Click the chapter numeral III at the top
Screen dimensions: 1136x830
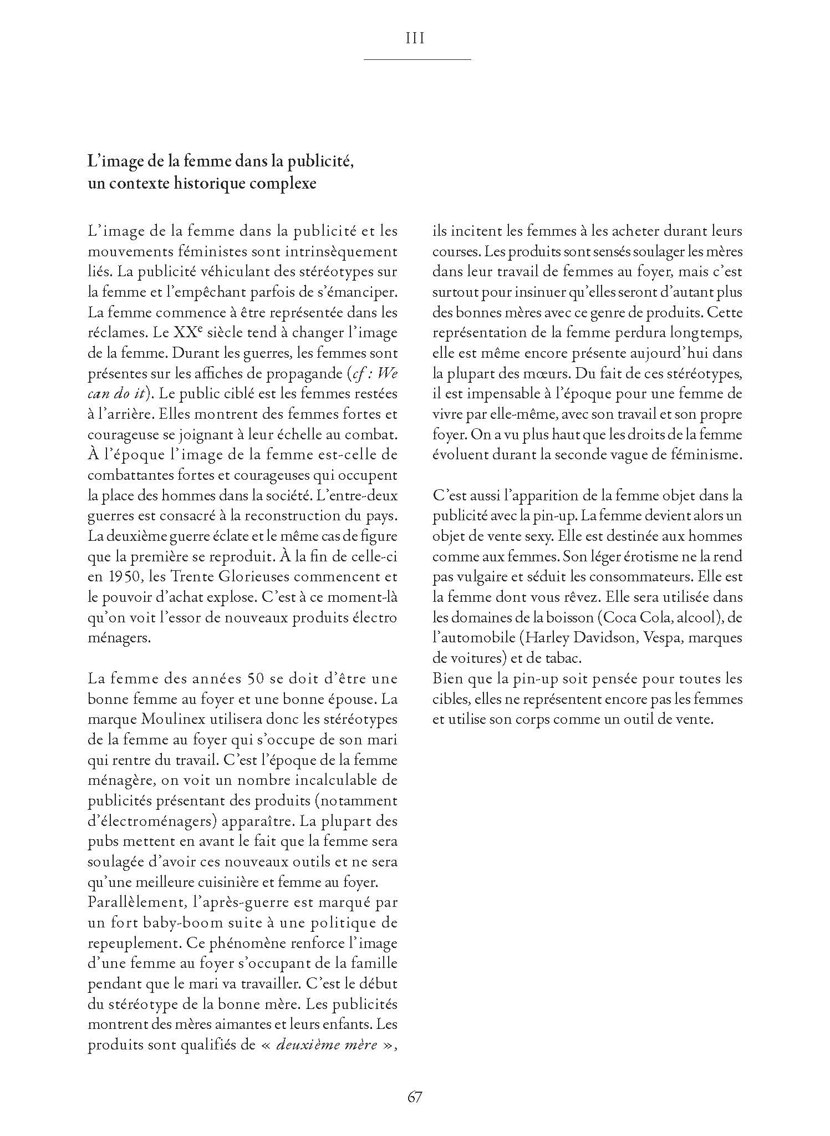[x=415, y=38]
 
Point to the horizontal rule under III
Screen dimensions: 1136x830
[x=416, y=59]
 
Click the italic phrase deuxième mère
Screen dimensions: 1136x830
[x=327, y=1046]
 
